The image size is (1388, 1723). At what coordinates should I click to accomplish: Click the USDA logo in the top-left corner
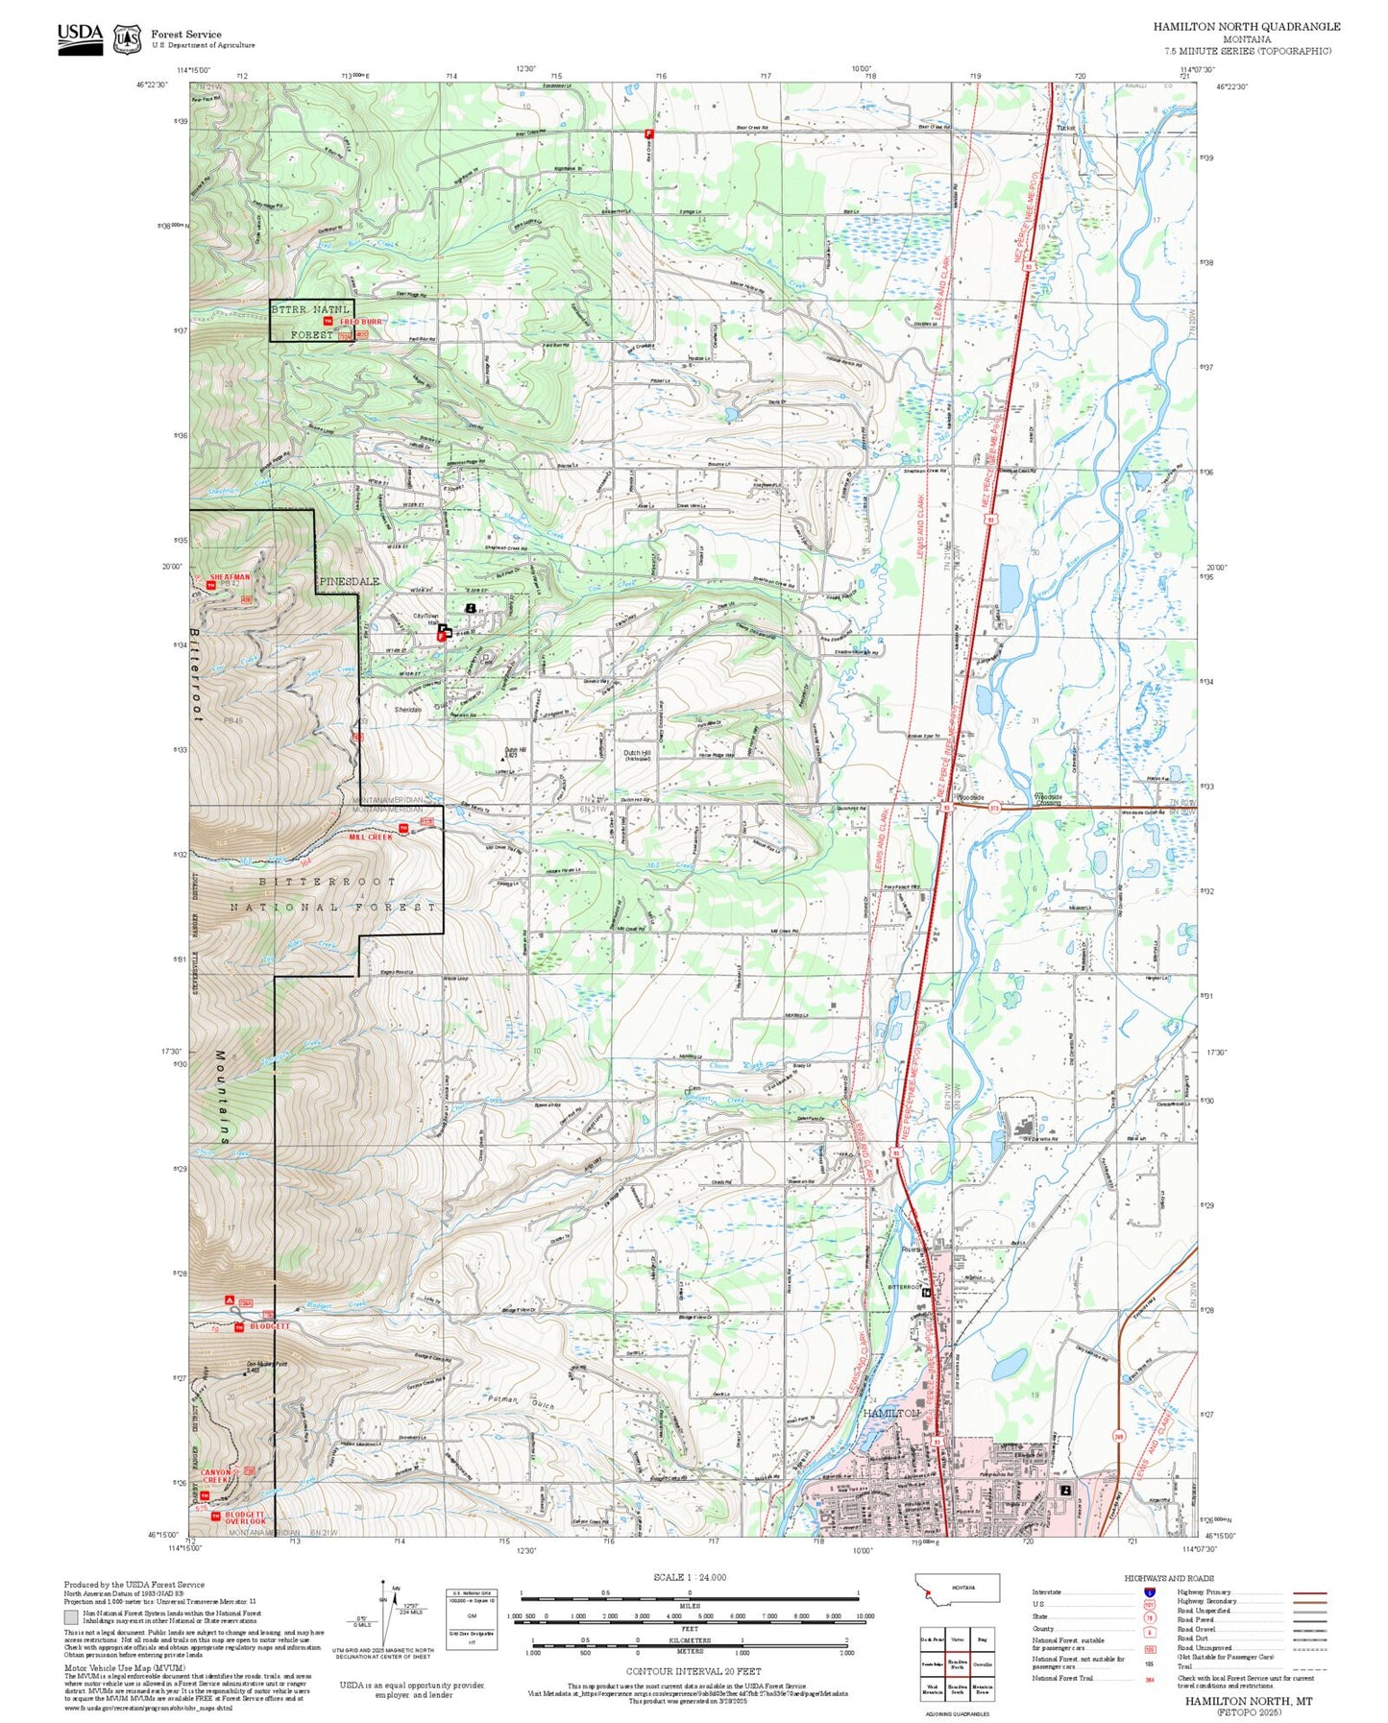coord(80,36)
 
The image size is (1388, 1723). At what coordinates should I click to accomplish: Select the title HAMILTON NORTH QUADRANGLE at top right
coord(1246,26)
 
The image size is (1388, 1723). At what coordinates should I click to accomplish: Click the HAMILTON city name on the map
coord(890,1414)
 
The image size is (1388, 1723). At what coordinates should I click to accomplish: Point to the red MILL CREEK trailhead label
coord(370,837)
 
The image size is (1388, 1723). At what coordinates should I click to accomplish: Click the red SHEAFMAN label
coord(230,577)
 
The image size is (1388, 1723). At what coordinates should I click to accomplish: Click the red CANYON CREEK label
coord(216,1476)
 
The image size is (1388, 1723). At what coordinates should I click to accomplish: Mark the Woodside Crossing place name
coord(1047,799)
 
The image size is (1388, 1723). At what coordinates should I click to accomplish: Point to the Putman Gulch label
coord(523,1402)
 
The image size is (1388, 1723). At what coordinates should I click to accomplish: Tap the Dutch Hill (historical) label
coord(637,756)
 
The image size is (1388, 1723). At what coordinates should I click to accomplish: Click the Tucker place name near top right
coord(1065,128)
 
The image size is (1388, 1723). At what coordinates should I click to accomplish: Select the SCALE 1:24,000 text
coord(689,1577)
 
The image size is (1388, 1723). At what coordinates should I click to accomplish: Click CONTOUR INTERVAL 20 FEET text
coord(689,1671)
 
